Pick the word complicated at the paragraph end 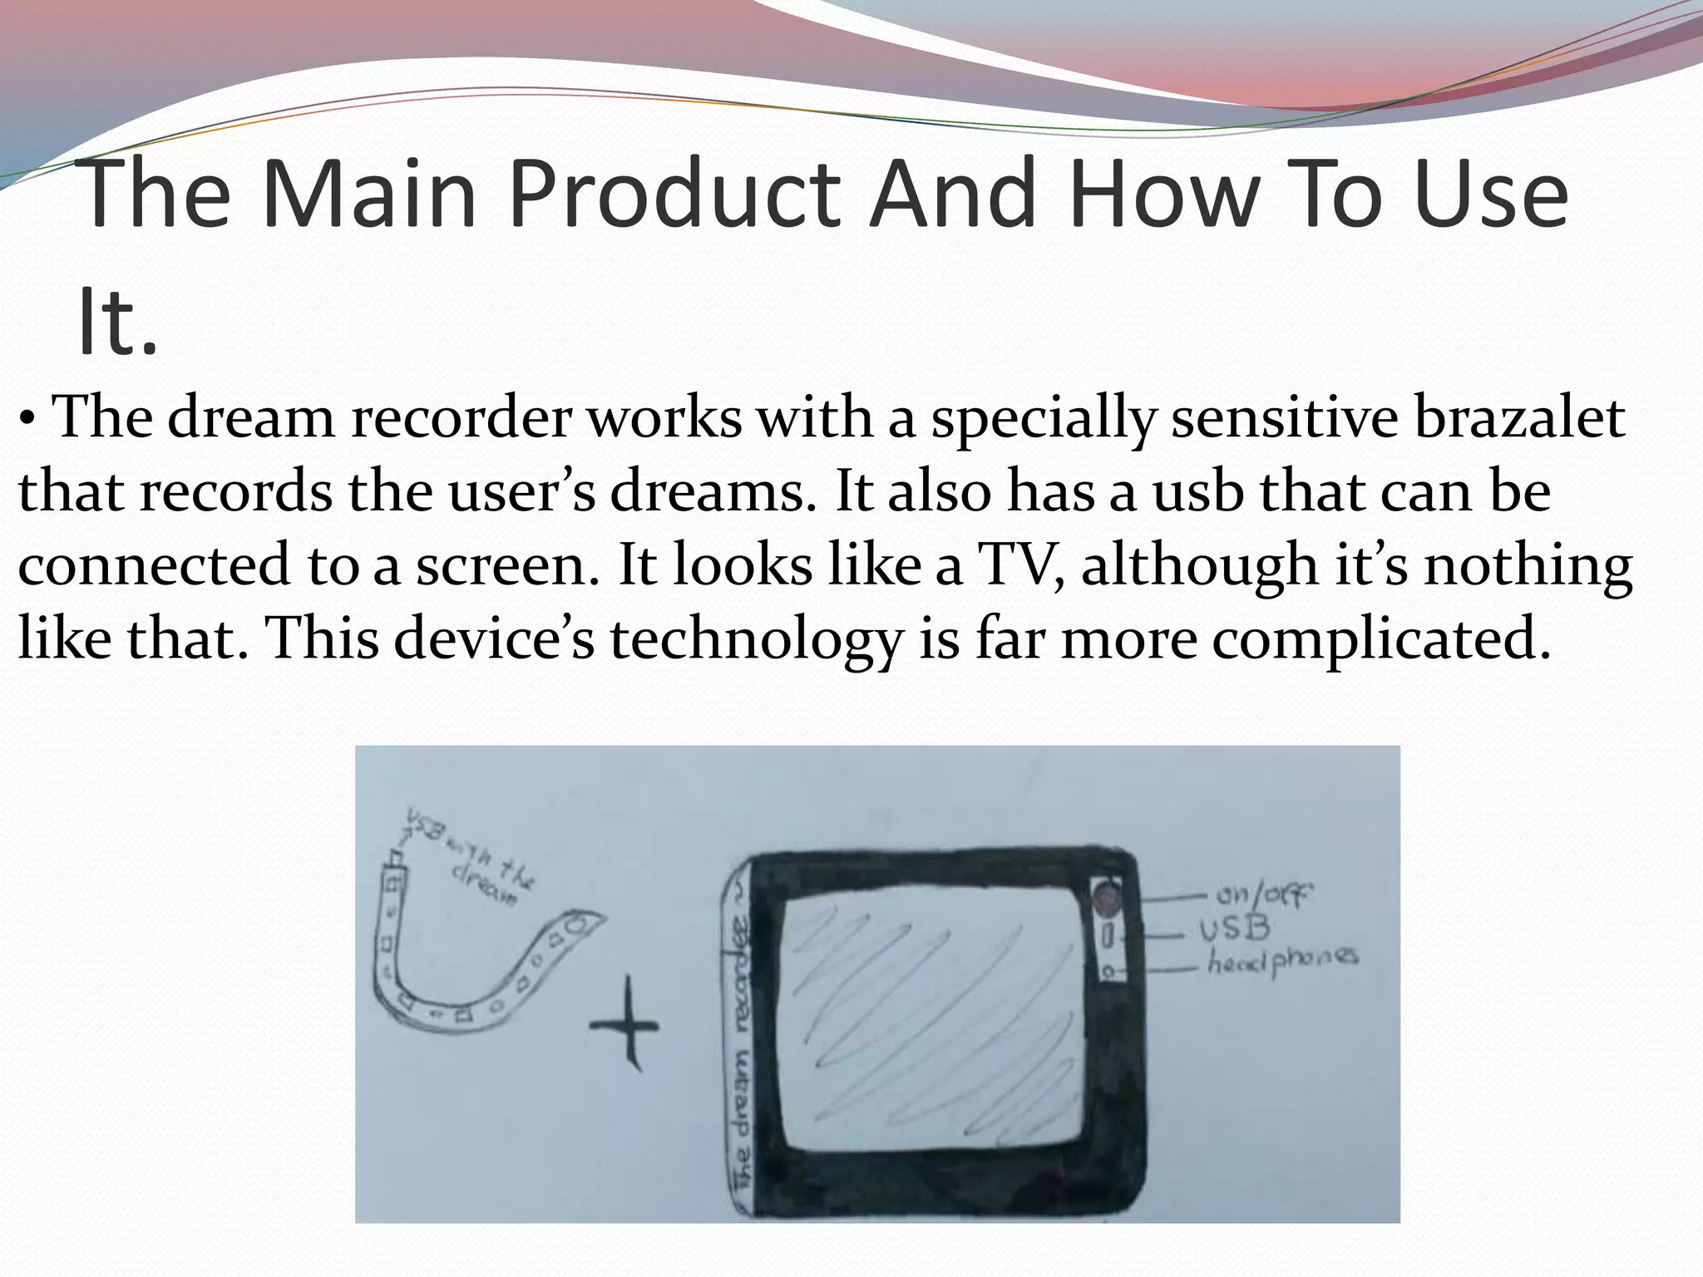(1380, 638)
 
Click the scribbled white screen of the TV (931, 1023)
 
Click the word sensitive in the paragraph (1285, 418)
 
